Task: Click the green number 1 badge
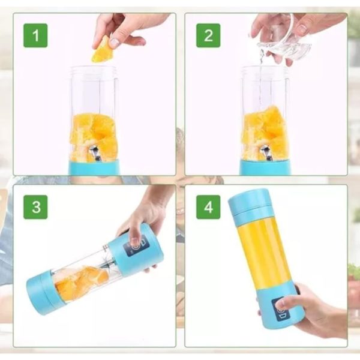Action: (35, 35)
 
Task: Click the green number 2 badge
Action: (208, 35)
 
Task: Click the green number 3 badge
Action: (35, 207)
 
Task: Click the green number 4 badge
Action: (208, 207)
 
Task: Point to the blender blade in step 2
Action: (265, 153)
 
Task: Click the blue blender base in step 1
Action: (94, 167)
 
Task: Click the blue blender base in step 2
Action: (266, 167)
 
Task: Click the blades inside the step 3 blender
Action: (110, 263)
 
